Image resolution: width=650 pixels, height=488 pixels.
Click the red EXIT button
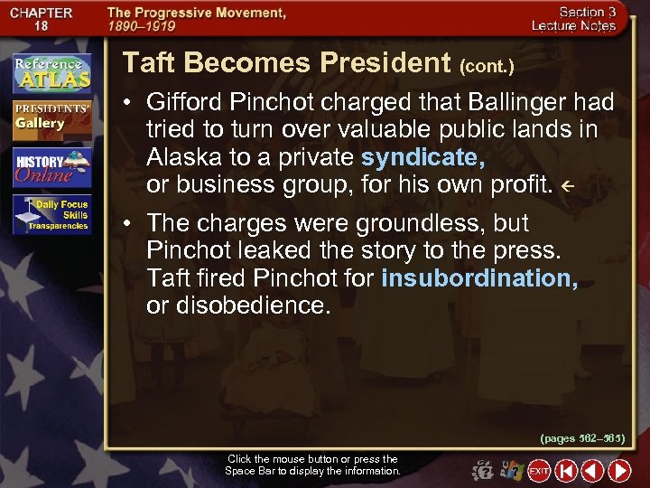[539, 471]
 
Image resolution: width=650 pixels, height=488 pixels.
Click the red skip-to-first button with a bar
[566, 471]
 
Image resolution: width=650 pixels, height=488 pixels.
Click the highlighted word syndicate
[422, 158]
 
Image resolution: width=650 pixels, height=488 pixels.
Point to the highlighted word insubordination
[479, 278]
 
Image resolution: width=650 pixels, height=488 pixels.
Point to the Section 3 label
[587, 12]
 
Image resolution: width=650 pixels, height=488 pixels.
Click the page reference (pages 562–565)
[582, 438]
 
